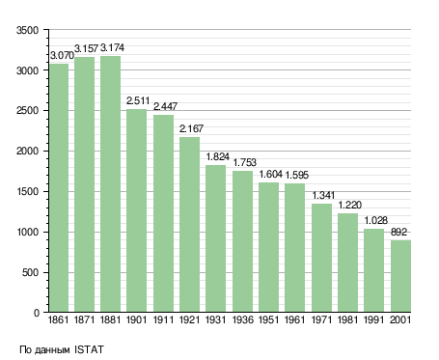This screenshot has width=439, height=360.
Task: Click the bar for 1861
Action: (59, 187)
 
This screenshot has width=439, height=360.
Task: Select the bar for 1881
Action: (111, 183)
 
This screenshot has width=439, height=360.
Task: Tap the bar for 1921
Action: (189, 224)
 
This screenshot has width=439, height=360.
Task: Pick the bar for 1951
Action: (268, 247)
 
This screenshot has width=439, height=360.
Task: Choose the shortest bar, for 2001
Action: (400, 276)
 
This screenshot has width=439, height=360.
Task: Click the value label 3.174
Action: (112, 48)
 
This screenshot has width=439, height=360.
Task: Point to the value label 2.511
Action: (138, 100)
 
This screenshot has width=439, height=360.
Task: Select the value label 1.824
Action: (218, 156)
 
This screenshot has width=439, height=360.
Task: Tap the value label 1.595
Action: (297, 175)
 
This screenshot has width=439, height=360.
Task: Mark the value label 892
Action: (398, 232)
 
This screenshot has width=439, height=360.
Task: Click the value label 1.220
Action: (350, 205)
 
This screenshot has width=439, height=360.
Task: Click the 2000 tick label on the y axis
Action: (28, 151)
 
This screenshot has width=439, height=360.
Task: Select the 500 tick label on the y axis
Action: (31, 272)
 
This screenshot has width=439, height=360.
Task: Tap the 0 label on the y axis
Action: (37, 313)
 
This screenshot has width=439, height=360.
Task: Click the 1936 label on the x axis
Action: (242, 319)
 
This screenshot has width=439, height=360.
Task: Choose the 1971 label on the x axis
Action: (321, 319)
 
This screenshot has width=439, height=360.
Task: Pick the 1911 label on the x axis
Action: (163, 319)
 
